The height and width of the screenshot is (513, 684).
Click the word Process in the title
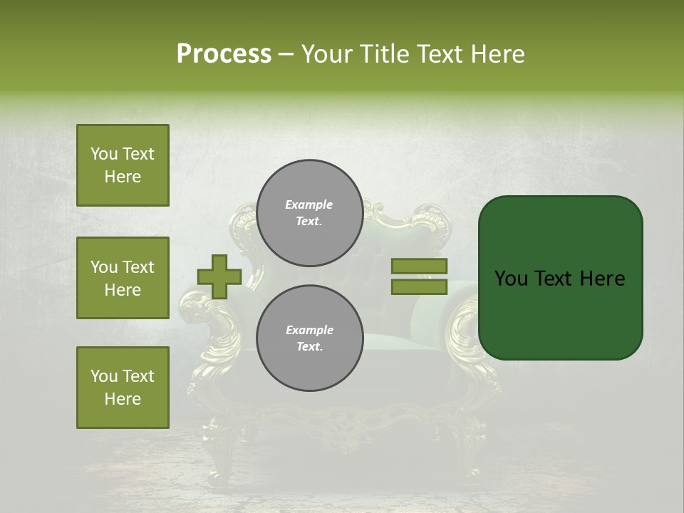click(224, 54)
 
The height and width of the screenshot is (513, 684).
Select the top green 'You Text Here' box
click(123, 165)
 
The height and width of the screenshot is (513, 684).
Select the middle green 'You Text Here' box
click(123, 278)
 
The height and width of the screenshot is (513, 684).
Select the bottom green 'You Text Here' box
click(123, 388)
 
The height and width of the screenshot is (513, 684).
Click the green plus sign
click(219, 276)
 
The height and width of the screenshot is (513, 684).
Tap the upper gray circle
click(309, 213)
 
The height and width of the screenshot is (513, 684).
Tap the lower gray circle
click(309, 338)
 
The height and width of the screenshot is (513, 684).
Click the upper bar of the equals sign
click(419, 266)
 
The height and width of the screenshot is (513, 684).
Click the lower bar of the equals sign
click(419, 286)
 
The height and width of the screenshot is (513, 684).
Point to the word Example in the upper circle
click(309, 204)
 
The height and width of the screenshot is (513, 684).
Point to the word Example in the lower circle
click(309, 330)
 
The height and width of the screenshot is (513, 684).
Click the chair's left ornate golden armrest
click(199, 321)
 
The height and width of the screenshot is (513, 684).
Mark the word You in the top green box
click(103, 154)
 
